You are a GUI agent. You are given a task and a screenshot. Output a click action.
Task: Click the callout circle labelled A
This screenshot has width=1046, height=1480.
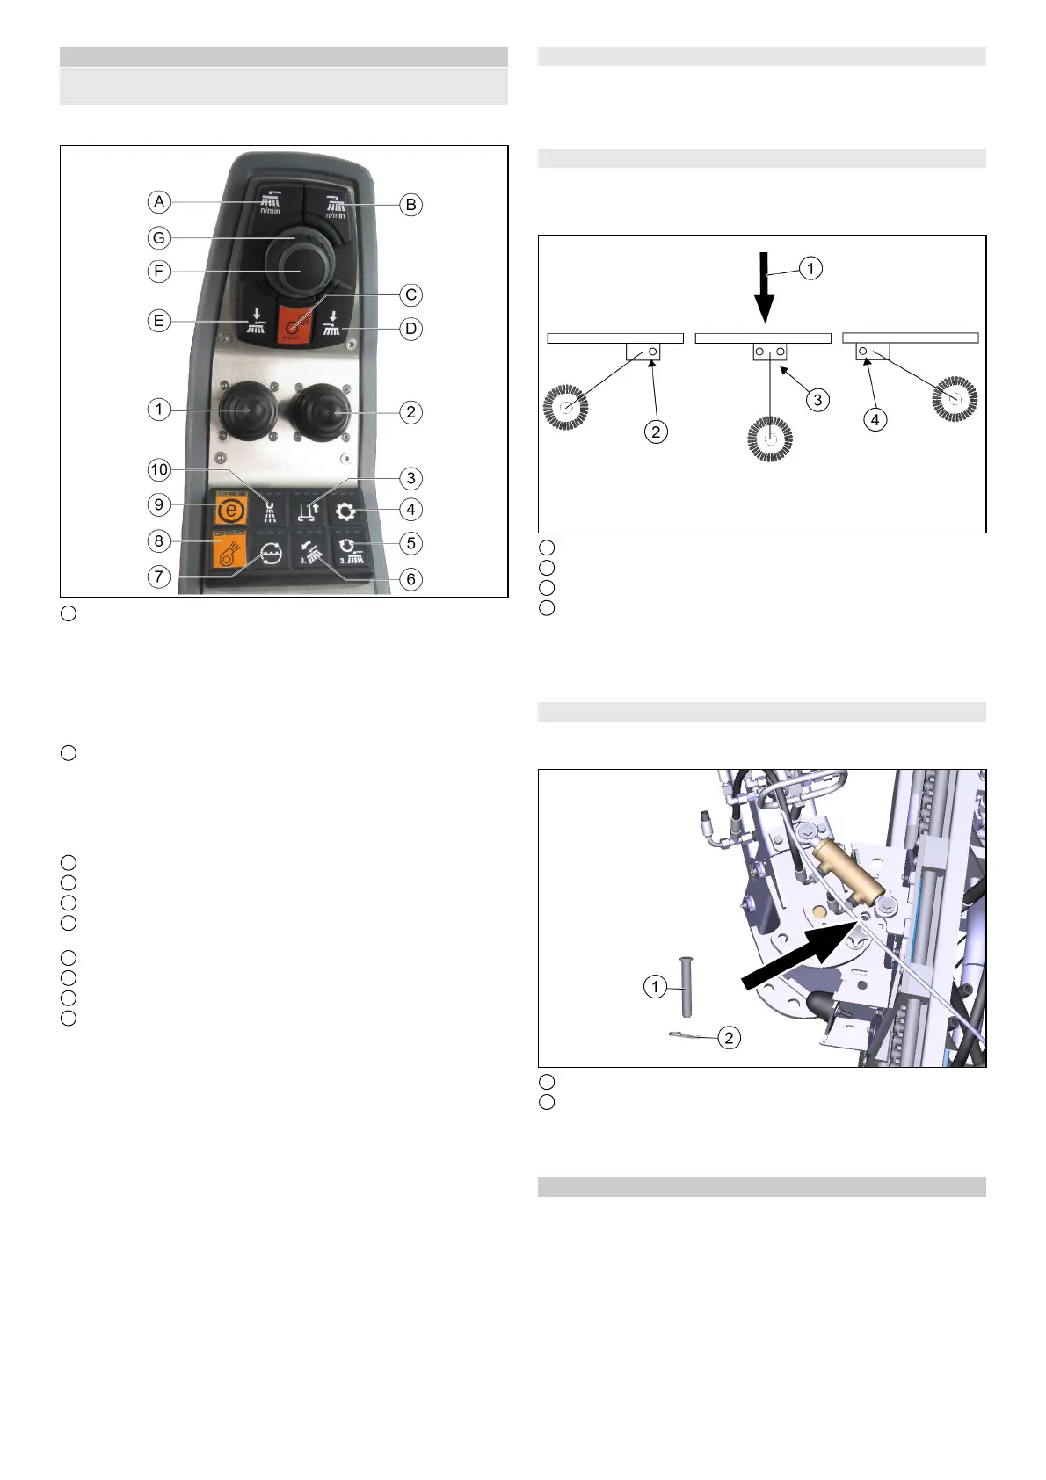click(x=159, y=202)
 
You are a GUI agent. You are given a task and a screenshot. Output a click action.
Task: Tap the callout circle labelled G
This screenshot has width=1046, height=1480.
click(x=159, y=237)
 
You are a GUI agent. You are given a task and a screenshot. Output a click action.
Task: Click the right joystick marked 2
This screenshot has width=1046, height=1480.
click(x=321, y=410)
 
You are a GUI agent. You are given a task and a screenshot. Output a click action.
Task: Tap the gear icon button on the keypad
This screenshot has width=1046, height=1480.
click(x=345, y=511)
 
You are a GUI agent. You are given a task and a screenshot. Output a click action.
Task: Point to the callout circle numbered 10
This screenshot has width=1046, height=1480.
click(x=159, y=469)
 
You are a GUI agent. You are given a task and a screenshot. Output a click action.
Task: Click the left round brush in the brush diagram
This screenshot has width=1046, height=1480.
click(x=565, y=407)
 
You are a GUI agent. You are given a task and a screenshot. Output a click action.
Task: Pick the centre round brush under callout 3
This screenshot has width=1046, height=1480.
click(x=770, y=439)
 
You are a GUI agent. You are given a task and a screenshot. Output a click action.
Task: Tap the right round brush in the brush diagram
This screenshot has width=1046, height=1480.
click(x=955, y=399)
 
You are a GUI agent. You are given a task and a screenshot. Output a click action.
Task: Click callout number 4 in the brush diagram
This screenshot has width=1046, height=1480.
click(x=875, y=420)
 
